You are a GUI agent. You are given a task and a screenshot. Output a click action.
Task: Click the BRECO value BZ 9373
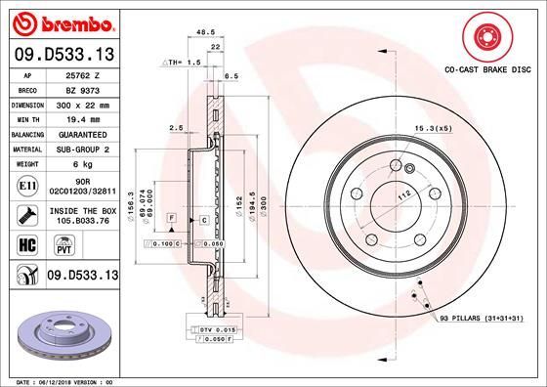click(82, 88)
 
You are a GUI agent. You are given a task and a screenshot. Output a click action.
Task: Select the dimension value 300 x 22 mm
click(82, 103)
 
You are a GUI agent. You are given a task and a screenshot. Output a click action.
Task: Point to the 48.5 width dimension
click(206, 32)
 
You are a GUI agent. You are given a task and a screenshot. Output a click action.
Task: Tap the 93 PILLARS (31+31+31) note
click(481, 320)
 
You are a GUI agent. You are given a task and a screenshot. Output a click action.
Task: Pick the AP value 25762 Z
click(82, 74)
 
